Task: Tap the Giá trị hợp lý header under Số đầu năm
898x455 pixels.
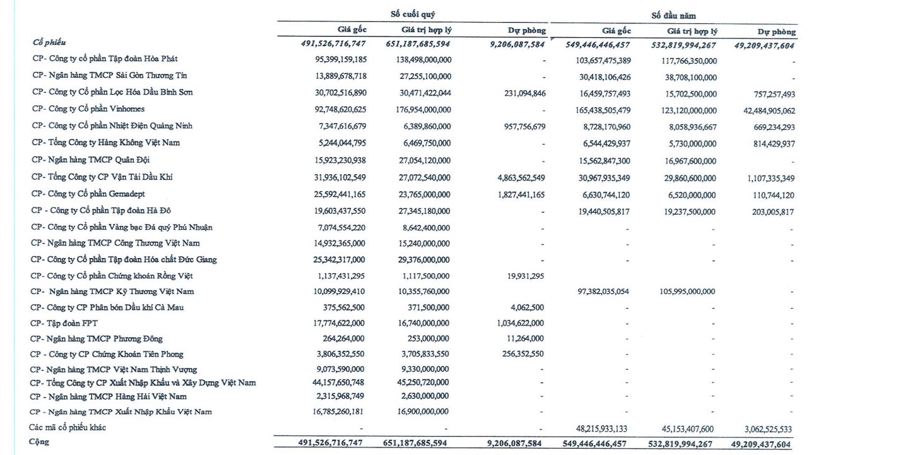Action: pyautogui.click(x=691, y=30)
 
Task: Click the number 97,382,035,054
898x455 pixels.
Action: pyautogui.click(x=594, y=292)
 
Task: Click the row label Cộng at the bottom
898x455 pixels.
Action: pyautogui.click(x=40, y=442)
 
